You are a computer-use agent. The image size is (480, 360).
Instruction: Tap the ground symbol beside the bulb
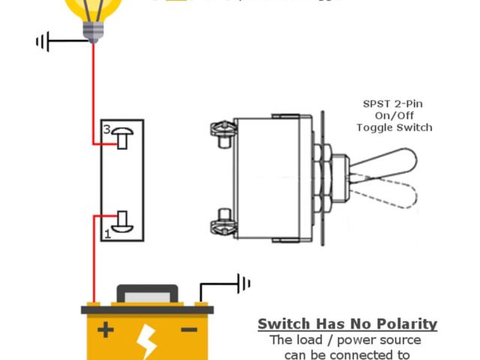(x=43, y=42)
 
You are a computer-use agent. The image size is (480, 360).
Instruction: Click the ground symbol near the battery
(x=243, y=283)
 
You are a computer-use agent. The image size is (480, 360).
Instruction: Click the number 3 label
(x=106, y=130)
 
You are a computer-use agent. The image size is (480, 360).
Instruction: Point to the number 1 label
(x=108, y=235)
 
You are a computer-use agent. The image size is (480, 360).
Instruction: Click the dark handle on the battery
(x=147, y=292)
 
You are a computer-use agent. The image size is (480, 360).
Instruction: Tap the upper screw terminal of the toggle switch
(x=222, y=132)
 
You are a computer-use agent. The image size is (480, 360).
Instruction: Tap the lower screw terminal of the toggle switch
(x=222, y=220)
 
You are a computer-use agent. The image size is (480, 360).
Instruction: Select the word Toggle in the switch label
(x=375, y=127)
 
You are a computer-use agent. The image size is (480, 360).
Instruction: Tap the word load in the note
(x=307, y=340)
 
